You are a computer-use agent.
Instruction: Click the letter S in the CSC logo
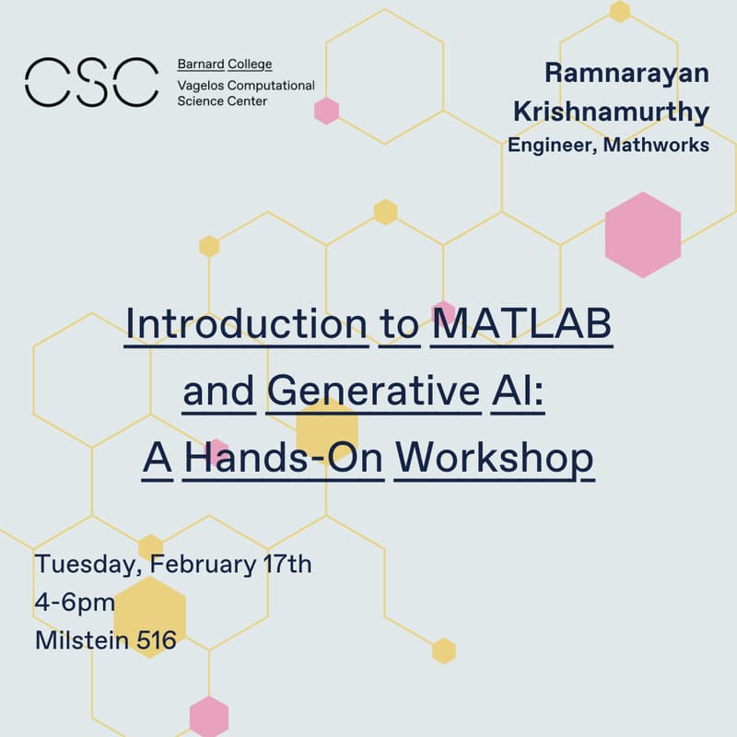tap(90, 81)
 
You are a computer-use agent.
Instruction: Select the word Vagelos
tap(202, 85)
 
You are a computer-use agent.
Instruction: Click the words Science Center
tap(222, 100)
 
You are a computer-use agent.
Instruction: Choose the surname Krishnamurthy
tap(611, 111)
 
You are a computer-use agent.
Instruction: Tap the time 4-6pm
tap(75, 602)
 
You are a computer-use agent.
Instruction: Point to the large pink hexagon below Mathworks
tap(643, 234)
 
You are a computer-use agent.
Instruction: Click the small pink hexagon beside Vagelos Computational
tap(326, 111)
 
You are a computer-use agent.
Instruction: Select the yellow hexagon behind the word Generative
tap(326, 427)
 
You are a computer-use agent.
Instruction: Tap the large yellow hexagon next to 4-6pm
tap(150, 616)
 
